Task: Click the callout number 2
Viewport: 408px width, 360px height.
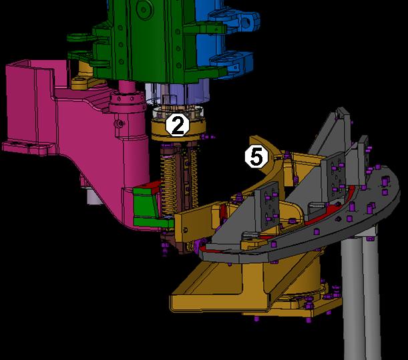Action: click(x=177, y=125)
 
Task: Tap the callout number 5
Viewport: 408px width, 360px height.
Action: click(x=256, y=156)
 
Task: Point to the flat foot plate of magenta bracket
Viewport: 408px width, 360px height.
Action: click(x=27, y=146)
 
